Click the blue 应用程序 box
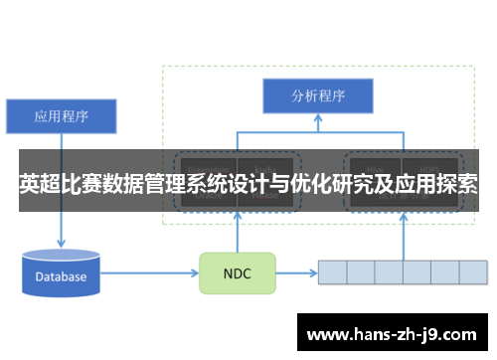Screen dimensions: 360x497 pos(63,115)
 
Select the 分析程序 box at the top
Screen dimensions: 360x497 pos(318,96)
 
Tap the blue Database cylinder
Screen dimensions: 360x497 pos(62,274)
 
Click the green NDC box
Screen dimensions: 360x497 pos(238,272)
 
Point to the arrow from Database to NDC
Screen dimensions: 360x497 pos(149,272)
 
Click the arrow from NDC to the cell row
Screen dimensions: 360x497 pos(296,272)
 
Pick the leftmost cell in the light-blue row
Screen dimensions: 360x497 pos(332,271)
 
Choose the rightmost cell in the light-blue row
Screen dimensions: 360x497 pos(473,271)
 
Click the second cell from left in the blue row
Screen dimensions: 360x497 pos(360,271)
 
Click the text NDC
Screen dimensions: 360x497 pos(238,272)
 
